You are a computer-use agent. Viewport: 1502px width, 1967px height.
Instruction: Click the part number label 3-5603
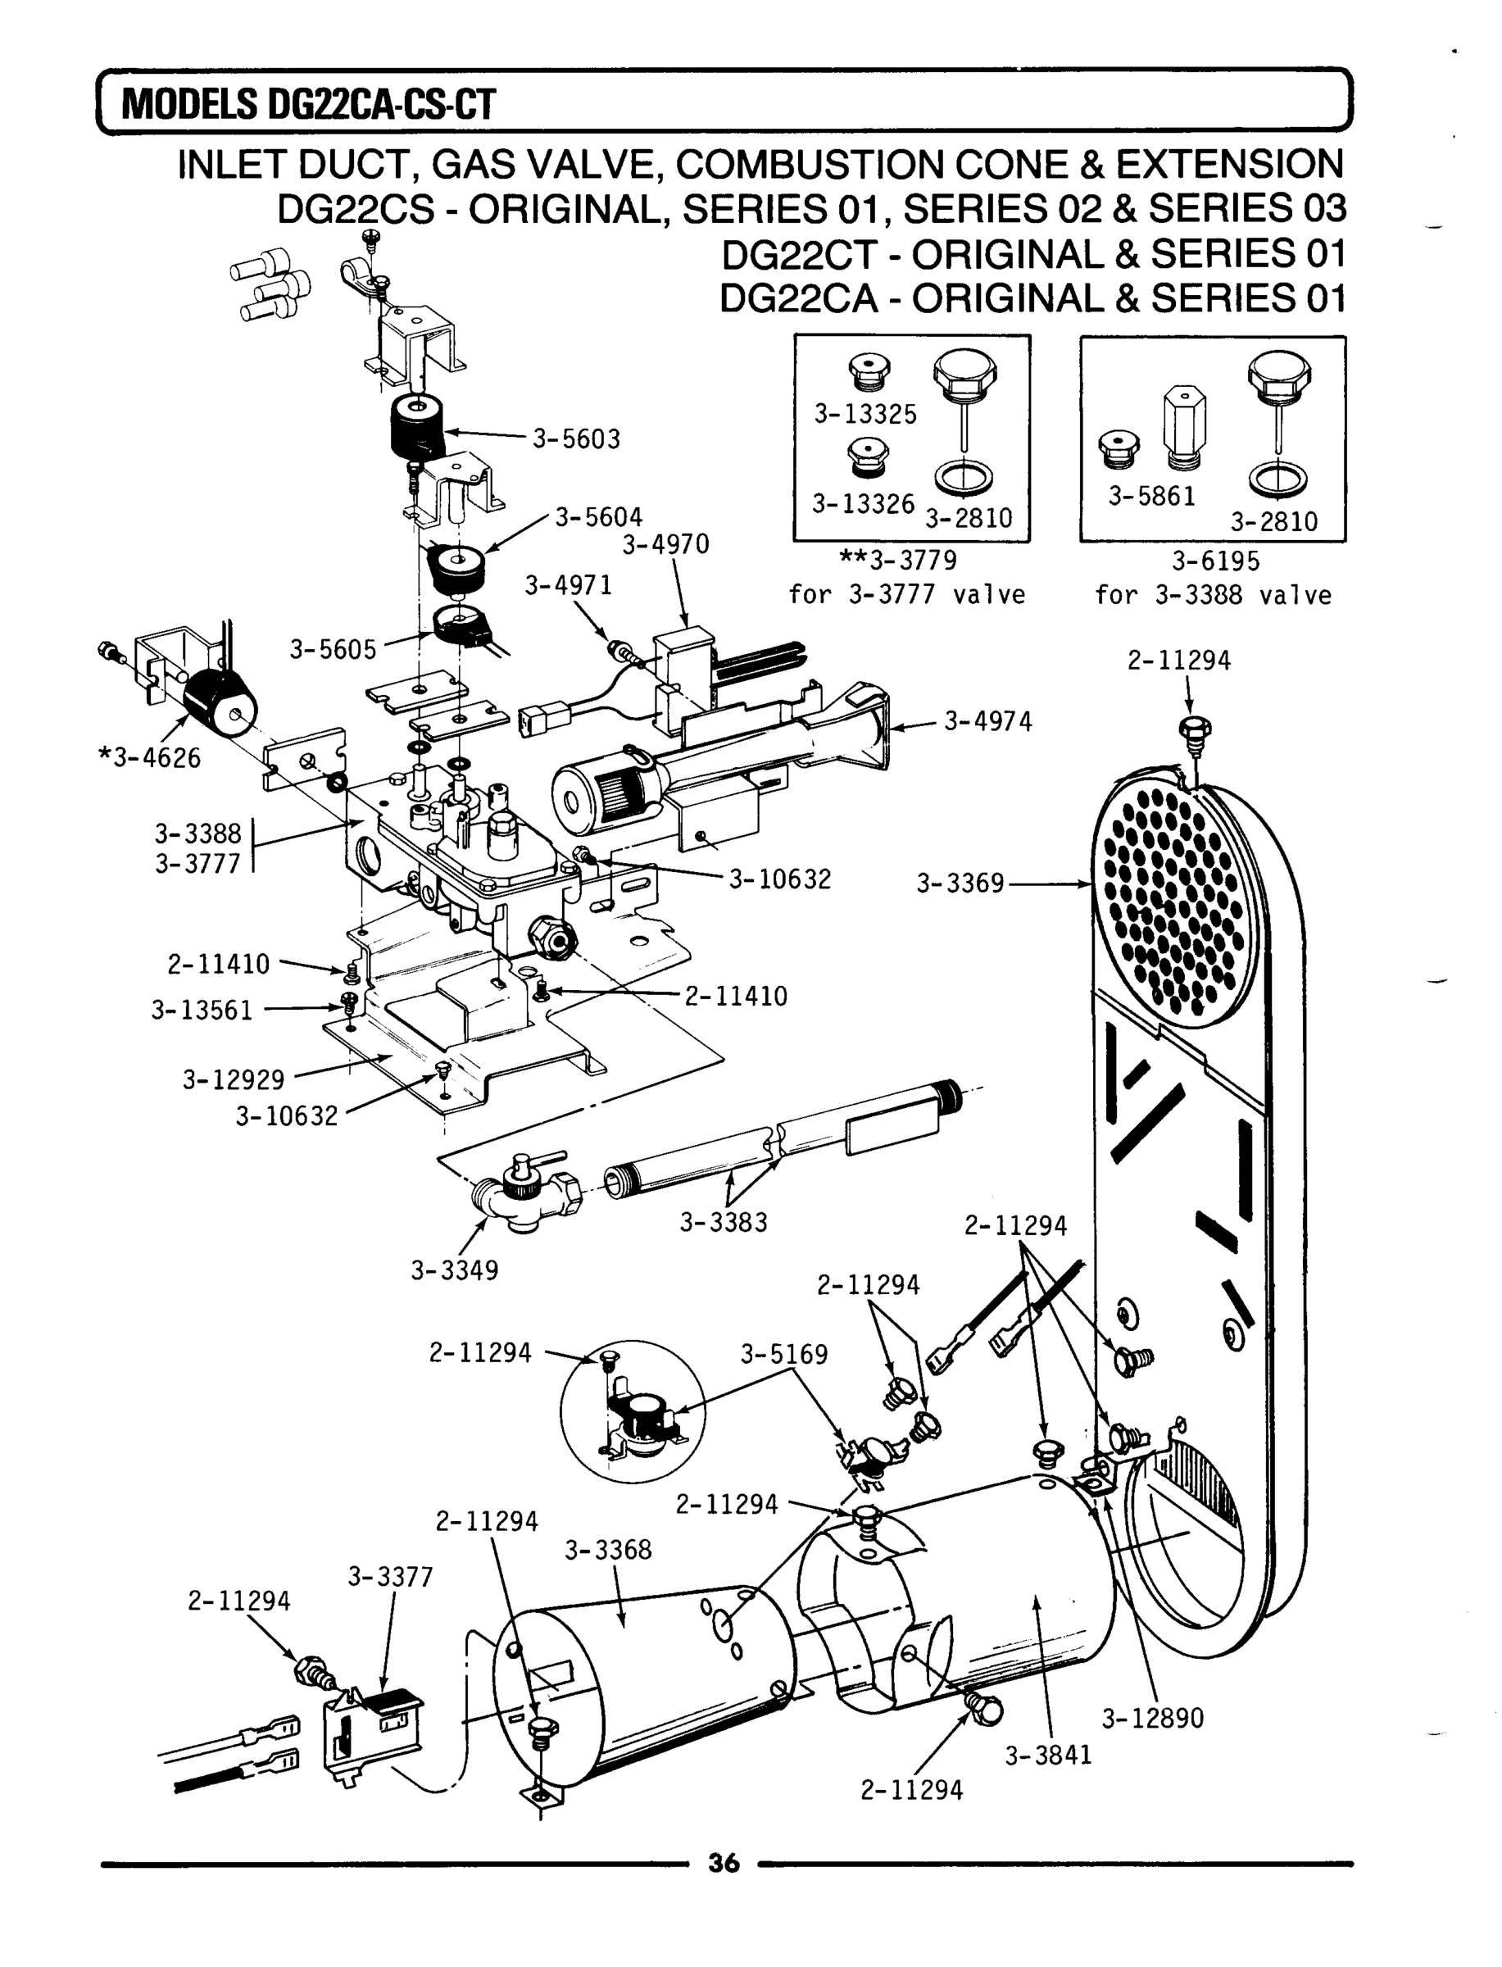576,439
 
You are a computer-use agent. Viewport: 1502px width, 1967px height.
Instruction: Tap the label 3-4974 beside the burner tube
987,721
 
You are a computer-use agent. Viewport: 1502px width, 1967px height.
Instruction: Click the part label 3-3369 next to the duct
960,884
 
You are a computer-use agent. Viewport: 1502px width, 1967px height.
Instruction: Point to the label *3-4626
149,758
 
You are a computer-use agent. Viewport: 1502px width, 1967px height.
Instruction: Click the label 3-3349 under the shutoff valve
454,1270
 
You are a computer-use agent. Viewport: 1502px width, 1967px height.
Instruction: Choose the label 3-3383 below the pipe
724,1222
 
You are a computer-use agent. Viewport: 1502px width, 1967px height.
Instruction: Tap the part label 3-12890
1152,1719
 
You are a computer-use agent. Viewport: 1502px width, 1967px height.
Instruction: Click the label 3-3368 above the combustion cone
608,1550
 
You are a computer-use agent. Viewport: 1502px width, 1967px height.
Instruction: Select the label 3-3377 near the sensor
390,1577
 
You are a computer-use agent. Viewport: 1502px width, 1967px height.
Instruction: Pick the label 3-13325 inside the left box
864,415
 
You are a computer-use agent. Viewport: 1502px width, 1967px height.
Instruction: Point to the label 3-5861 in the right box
1151,496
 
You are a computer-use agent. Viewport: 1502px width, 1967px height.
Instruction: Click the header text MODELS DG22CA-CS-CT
307,105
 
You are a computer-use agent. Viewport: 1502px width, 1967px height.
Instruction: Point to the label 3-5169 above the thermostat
783,1355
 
